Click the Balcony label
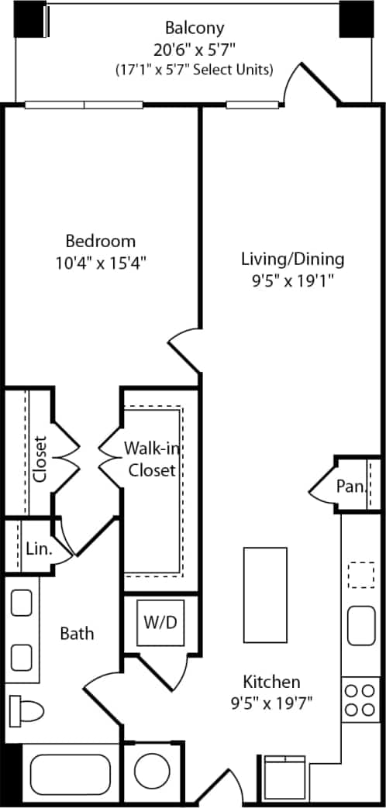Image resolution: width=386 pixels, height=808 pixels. coord(194,28)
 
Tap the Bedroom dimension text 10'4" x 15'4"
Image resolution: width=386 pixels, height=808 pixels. coord(100,262)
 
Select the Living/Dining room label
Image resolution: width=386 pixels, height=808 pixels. coord(292,259)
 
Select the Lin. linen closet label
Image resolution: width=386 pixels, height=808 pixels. coord(38,549)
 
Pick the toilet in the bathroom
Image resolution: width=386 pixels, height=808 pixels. coord(26,709)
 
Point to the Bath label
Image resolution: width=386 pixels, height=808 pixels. coord(77,634)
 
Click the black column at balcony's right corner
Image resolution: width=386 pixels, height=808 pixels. coord(354,19)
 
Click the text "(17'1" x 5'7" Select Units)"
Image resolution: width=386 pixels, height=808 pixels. coord(194,70)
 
